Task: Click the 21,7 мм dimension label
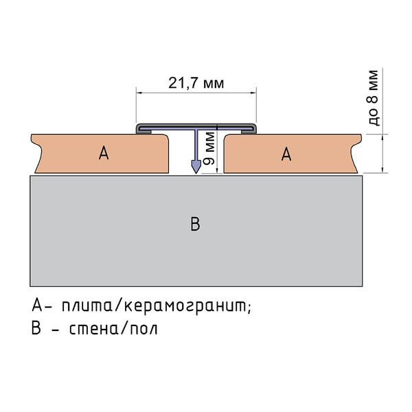pos(196,83)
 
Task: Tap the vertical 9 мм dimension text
pos(209,148)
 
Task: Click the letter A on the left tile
pos(104,153)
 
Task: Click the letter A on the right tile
pos(286,154)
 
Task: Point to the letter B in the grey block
pos(195,224)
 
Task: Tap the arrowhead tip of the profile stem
pos(196,173)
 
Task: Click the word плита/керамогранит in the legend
pos(156,306)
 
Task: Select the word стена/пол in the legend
pos(113,329)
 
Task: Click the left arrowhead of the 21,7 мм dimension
pos(139,93)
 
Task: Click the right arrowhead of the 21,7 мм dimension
pos(253,93)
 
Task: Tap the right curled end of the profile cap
pos(253,129)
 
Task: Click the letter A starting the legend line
pos(37,305)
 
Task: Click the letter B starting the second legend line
pos(36,328)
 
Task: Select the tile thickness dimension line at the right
pos(382,153)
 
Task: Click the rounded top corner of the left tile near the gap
pos(165,137)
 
